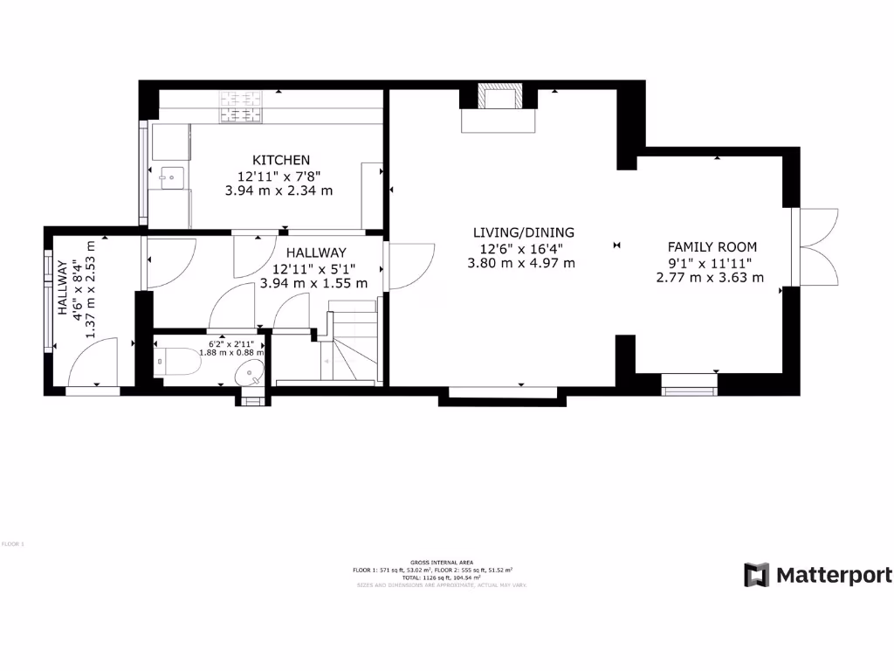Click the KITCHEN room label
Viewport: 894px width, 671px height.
point(281,160)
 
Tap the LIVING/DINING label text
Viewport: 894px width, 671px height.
point(523,232)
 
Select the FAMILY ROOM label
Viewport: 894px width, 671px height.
point(712,247)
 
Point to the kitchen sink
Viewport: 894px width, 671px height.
point(172,177)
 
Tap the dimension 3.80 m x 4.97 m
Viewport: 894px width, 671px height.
point(521,263)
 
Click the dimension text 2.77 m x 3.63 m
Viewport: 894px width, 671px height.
point(710,278)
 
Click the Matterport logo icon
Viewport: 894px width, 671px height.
point(757,575)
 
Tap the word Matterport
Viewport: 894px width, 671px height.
point(834,576)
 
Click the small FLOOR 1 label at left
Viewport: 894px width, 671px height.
point(13,544)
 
